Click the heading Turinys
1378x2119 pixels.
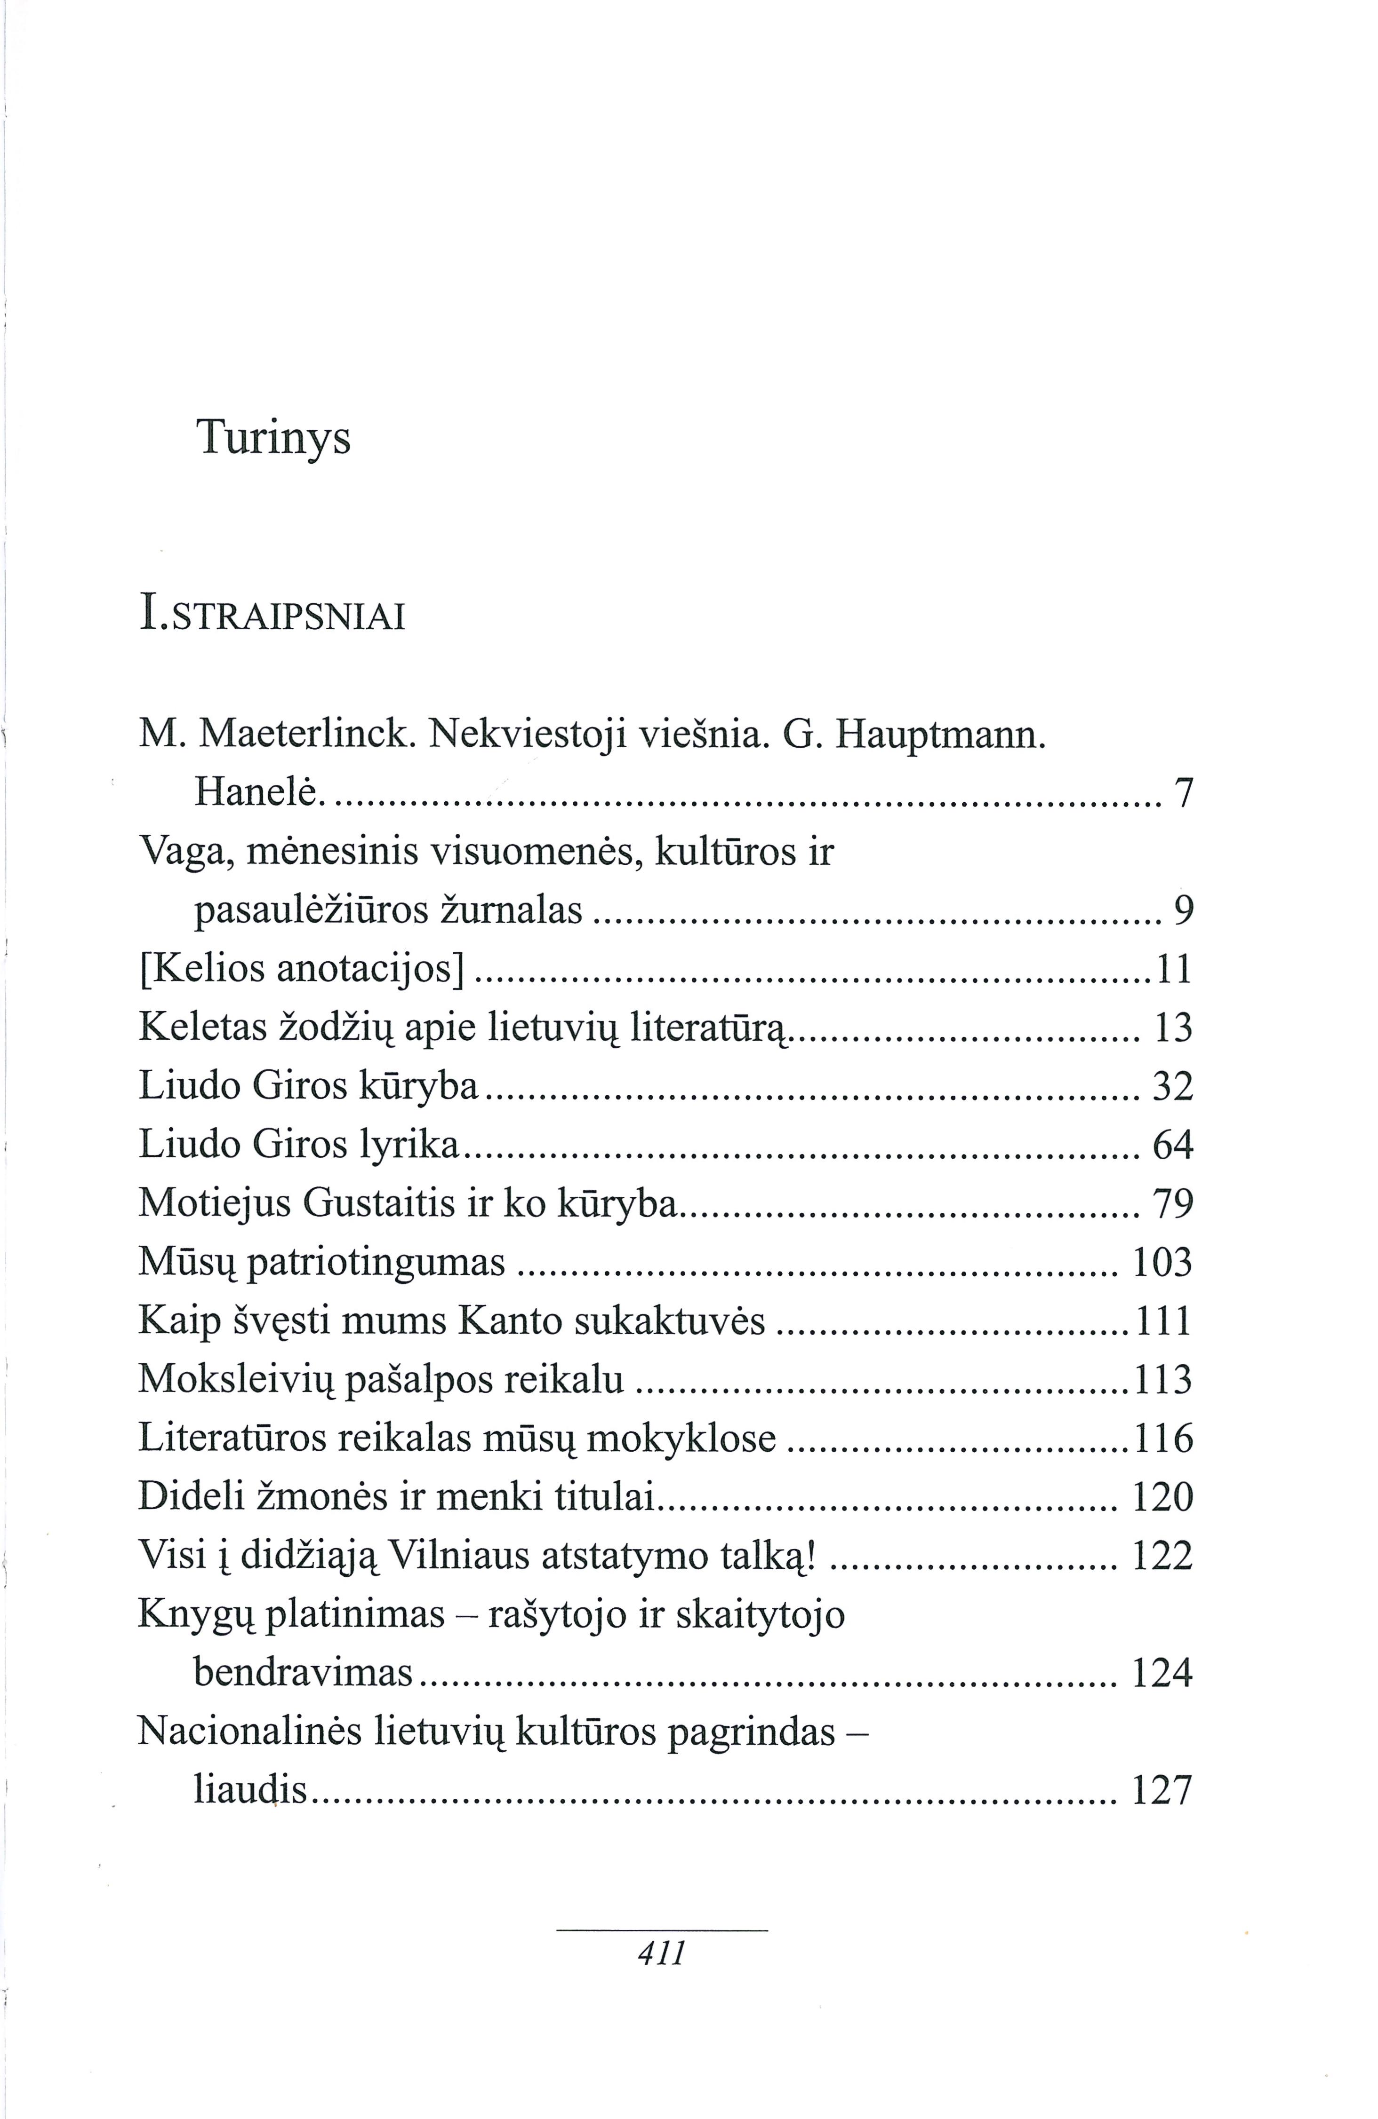coord(273,438)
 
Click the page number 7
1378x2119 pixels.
coord(1183,793)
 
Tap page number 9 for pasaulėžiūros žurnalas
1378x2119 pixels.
coord(1183,911)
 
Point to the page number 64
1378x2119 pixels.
coord(1172,1145)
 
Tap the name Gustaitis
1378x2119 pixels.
coord(379,1204)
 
